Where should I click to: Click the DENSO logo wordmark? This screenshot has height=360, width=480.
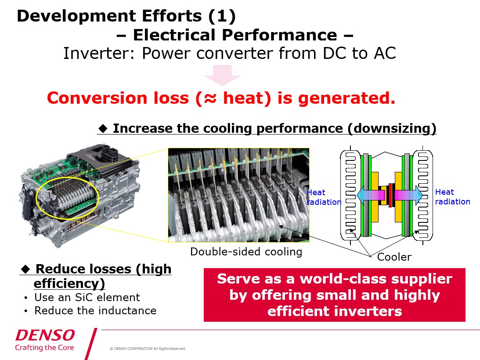pos(45,335)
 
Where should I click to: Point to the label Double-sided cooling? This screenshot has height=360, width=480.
pos(246,252)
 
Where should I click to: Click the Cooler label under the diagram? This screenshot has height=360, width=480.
pos(394,257)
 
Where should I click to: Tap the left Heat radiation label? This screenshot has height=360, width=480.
pos(323,197)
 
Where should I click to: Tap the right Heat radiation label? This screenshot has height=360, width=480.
pos(452,197)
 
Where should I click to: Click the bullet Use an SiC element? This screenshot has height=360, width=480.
pos(87,298)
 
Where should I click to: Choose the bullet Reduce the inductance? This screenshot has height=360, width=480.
pos(95,310)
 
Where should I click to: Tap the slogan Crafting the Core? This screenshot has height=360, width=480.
pos(44,348)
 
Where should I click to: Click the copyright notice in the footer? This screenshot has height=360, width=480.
pos(148,349)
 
